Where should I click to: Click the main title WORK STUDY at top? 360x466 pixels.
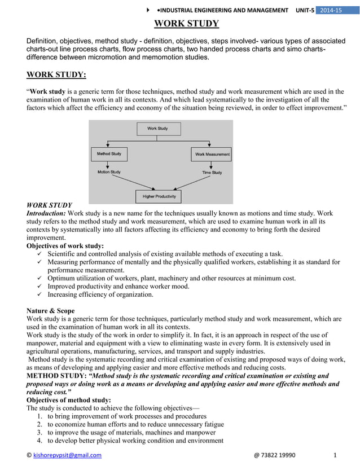pos(187,24)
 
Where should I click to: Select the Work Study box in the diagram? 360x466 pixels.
pos(157,129)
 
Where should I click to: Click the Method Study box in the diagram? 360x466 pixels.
pos(109,154)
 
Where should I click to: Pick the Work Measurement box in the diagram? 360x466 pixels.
pos(212,154)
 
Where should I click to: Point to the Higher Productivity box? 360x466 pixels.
pos(159,196)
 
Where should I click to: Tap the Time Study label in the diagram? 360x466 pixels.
pos(212,172)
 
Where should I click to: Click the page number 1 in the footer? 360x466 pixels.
pos(335,455)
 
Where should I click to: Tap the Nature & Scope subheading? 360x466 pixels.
pos(51,311)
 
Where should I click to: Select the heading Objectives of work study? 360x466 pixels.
pos(65,246)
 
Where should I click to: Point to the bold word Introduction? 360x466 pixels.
pos(46,214)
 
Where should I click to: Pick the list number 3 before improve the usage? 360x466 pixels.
pos(39,433)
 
